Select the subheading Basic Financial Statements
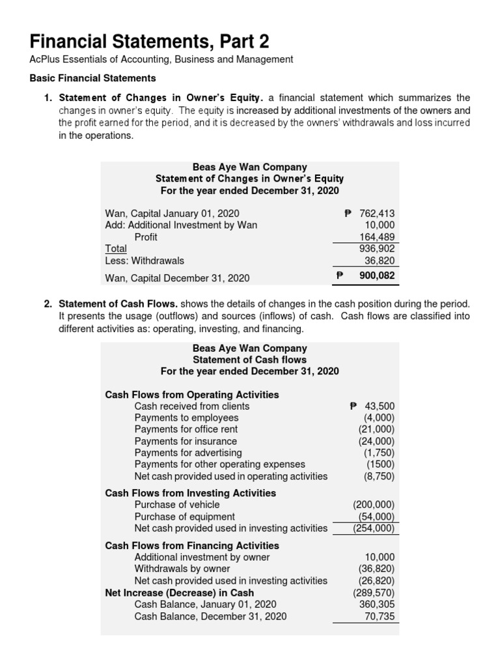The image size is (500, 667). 93,78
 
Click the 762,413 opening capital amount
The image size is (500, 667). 377,213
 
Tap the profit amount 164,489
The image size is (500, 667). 378,237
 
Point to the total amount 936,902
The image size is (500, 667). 378,248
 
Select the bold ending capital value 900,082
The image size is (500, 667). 376,276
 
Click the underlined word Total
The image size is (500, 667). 116,248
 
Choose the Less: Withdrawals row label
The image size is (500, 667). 145,261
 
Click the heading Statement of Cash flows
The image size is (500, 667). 249,360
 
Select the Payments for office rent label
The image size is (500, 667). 186,429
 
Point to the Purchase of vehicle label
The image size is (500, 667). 177,505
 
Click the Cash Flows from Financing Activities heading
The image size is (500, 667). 192,545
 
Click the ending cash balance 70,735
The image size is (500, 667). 380,616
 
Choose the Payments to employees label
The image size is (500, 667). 186,418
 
